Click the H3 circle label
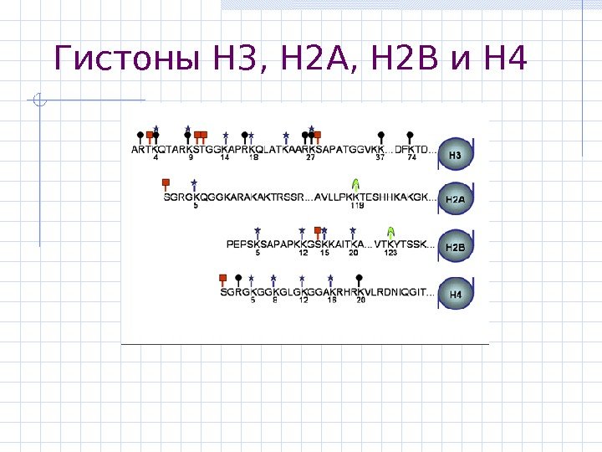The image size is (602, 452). click(x=457, y=155)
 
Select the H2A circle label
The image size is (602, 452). click(x=457, y=201)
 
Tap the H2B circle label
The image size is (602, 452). click(x=457, y=248)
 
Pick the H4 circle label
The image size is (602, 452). click(x=457, y=295)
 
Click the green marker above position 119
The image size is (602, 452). click(x=356, y=183)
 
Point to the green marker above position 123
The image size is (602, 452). click(x=390, y=230)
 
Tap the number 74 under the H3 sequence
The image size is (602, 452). click(x=412, y=157)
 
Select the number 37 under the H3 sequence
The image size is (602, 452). click(x=380, y=157)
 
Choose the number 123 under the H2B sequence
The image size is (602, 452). click(x=390, y=253)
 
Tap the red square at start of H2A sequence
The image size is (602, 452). click(x=166, y=182)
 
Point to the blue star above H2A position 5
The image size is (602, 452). click(x=194, y=183)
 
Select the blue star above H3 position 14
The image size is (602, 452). click(x=226, y=135)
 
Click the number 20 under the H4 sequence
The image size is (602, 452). click(x=360, y=300)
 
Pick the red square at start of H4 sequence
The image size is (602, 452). click(x=222, y=277)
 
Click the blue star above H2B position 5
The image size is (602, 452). click(x=258, y=230)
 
